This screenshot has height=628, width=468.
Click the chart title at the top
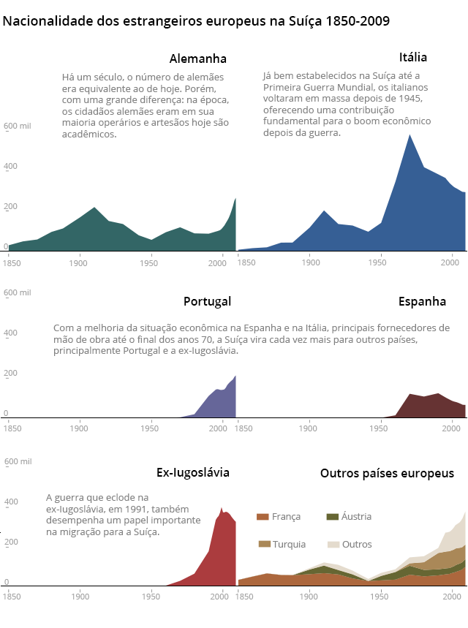point(196,21)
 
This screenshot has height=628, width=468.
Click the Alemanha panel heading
point(197,59)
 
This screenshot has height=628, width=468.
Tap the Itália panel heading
point(413,57)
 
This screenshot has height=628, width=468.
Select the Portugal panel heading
point(207,301)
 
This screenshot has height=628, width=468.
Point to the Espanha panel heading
point(422,301)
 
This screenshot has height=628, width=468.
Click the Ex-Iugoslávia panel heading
point(193,472)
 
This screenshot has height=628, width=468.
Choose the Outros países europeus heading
point(387,474)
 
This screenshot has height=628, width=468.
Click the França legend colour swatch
point(263,517)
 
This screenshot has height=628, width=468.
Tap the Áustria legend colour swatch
point(332,517)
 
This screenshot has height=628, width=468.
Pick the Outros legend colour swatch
point(333,544)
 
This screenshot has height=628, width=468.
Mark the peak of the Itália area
point(409,135)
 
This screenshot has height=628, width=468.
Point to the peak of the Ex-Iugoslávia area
point(222,507)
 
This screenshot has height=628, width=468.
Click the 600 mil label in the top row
point(18,126)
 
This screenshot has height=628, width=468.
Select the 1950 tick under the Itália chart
point(380,261)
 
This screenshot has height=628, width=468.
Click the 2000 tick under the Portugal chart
point(219,428)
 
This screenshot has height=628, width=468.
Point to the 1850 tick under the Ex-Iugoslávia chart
point(12,597)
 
